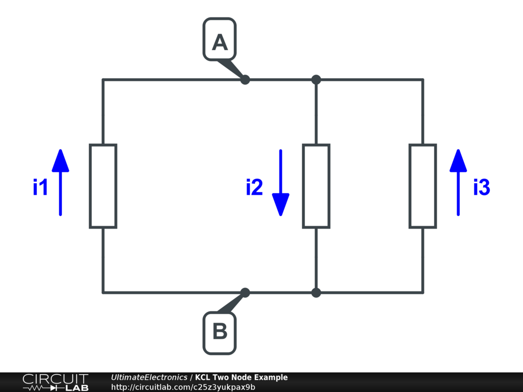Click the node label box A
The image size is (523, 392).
[220, 39]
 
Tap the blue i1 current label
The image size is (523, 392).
[40, 188]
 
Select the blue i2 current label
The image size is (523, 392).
[254, 188]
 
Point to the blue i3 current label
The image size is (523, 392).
[481, 188]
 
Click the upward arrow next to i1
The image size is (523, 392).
[60, 182]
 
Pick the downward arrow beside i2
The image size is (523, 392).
[280, 182]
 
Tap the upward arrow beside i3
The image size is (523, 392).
[458, 182]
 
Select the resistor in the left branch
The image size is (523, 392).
[103, 186]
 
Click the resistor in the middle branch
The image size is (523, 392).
[316, 186]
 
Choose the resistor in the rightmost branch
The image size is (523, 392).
[422, 186]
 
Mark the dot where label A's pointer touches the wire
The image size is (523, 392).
[245, 80]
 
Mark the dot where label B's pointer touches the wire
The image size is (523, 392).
[245, 292]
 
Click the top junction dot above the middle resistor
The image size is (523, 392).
[316, 80]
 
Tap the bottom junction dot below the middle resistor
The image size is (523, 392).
[316, 292]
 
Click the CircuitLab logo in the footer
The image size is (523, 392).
[55, 382]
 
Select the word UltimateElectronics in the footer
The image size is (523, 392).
[149, 378]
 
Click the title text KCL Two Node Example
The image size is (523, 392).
[241, 378]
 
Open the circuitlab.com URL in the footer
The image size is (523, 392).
[183, 387]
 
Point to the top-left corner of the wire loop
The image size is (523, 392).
[103, 80]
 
